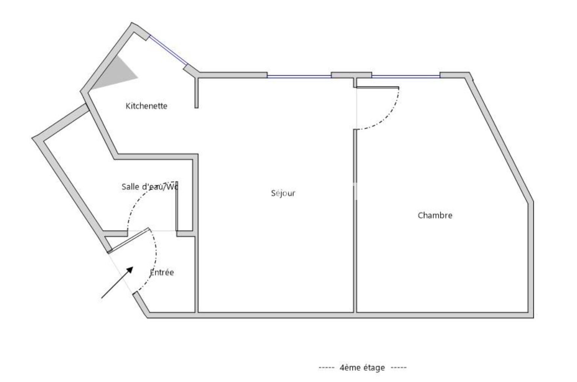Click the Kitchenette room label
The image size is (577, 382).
pos(146,106)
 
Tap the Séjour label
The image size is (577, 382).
pos(283,193)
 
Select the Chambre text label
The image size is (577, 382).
pos(435,215)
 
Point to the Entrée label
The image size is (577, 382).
pos(162,272)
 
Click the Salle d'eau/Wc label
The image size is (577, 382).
pos(150,186)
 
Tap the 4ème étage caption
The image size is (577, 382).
pos(363,367)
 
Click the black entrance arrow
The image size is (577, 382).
pos(117,282)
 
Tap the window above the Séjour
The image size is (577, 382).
pos(299,76)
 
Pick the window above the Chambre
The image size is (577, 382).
pos(406,76)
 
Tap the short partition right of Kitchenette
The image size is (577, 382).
pos(196,92)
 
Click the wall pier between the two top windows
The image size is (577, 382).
pos(351,75)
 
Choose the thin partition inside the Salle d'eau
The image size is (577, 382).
pos(177,206)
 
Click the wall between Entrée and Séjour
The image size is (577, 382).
pos(196,274)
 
